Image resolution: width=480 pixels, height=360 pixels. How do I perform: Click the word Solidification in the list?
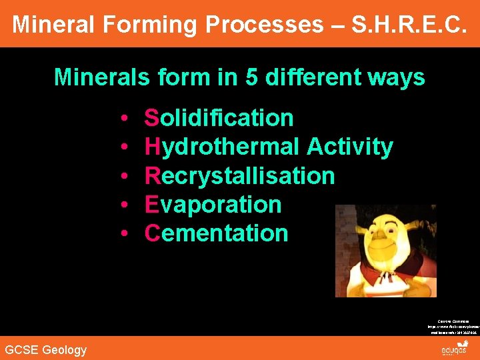click(x=219, y=118)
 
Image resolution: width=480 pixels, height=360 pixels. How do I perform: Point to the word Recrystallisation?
click(x=239, y=176)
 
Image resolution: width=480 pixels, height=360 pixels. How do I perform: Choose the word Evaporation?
click(x=213, y=205)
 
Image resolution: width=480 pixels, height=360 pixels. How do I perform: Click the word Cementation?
click(x=216, y=233)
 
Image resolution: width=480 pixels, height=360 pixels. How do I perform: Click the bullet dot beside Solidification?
click(x=125, y=119)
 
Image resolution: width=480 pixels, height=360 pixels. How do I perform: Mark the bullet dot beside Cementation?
click(x=125, y=234)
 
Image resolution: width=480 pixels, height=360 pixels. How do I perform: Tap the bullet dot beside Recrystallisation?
click(x=125, y=177)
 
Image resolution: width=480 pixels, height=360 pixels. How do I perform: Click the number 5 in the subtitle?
click(x=251, y=77)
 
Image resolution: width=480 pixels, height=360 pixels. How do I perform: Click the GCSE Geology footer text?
click(x=45, y=349)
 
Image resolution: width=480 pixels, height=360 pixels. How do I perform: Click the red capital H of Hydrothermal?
click(x=151, y=147)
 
